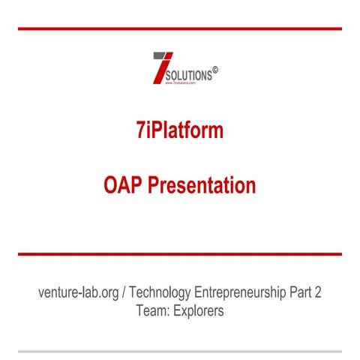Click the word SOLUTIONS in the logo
pos(187,76)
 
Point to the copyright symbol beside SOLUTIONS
pos(215,71)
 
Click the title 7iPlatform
pos(180,130)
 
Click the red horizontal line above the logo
pos(180,28)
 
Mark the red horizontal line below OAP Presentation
pos(180,254)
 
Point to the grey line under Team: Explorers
pos(180,350)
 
